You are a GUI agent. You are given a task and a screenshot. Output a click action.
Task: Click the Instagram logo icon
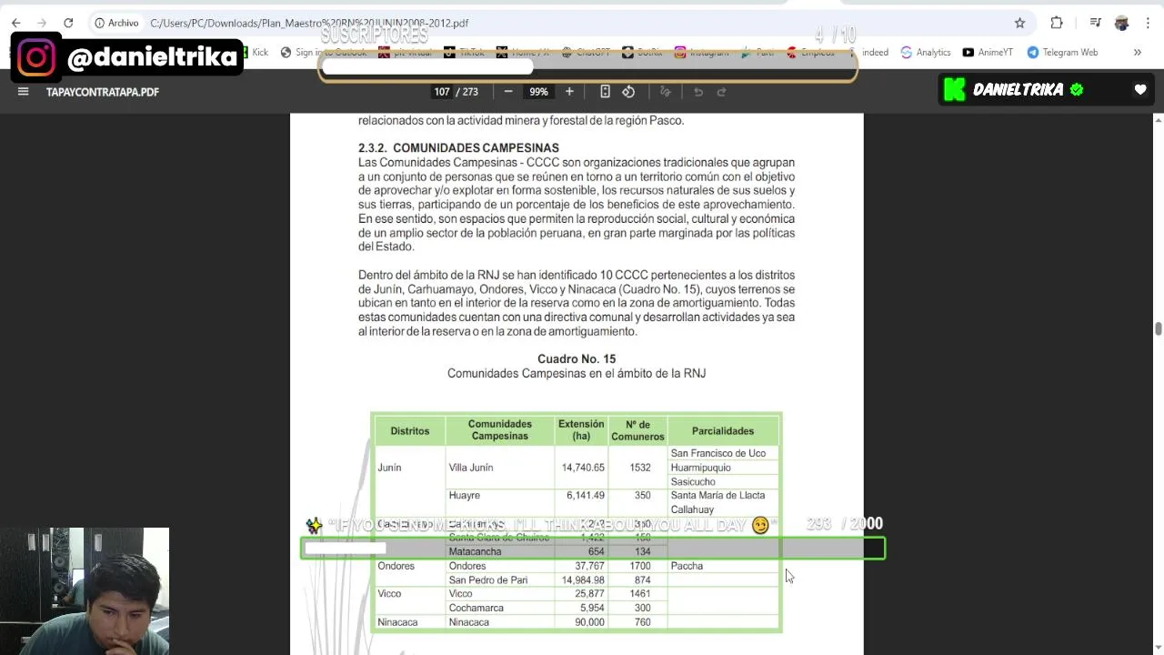click(36, 57)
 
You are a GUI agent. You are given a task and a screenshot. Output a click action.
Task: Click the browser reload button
click(68, 23)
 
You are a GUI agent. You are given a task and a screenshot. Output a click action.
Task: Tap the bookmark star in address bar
click(1019, 23)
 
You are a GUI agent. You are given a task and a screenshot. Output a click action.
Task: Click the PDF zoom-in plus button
click(569, 91)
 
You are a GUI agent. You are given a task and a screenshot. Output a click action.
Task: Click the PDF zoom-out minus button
click(508, 91)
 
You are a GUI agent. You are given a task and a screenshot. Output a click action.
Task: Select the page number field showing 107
click(442, 92)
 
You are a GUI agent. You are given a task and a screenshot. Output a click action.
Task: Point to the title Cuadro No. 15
click(577, 359)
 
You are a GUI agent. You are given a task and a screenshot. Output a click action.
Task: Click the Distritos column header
click(409, 430)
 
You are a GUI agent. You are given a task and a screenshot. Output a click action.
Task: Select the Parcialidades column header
click(723, 430)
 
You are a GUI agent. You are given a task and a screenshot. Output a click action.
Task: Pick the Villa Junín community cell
click(471, 468)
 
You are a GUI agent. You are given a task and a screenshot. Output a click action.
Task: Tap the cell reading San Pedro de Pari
click(487, 579)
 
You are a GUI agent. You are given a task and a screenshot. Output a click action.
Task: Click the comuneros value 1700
click(639, 566)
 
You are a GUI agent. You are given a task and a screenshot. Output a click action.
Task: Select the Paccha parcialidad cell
click(687, 566)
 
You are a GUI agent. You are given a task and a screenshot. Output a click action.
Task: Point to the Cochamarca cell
click(476, 608)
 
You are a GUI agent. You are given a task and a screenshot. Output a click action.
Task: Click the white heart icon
click(1140, 89)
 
